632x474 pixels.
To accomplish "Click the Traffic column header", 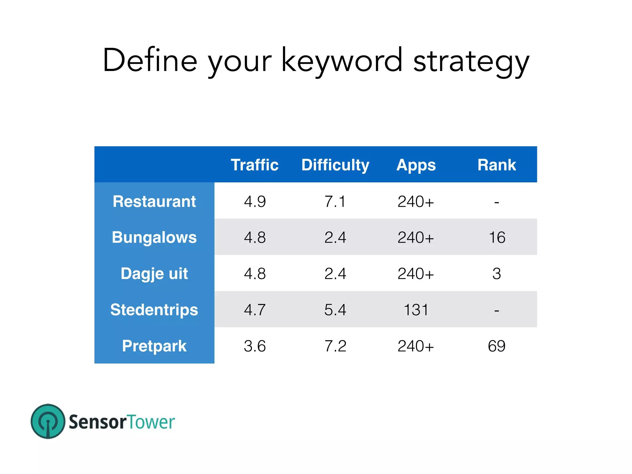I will point(255,165).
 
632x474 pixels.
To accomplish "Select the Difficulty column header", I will point(335,165).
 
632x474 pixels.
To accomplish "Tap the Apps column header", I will point(416,165).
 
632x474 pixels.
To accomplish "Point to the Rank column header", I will point(497,165).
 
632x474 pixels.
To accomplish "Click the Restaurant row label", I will point(154,201).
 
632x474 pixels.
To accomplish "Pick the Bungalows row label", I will point(154,237).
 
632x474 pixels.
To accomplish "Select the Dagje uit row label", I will point(154,273).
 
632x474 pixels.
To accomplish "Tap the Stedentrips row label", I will point(154,310).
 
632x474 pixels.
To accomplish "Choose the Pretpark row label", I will point(154,346).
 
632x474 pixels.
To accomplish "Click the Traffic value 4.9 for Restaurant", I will point(255,202).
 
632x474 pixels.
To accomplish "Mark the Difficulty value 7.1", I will point(335,202).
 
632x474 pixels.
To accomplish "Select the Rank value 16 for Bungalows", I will point(497,238).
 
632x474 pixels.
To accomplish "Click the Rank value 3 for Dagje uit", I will point(497,274).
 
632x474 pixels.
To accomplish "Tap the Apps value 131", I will point(416,310).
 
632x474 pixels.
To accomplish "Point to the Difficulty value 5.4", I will point(335,310).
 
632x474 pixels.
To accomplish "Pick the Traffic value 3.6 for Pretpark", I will point(255,346).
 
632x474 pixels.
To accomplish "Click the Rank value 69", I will point(497,346).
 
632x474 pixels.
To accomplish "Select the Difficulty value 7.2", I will point(335,346).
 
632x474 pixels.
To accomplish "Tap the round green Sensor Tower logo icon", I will point(48,421).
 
